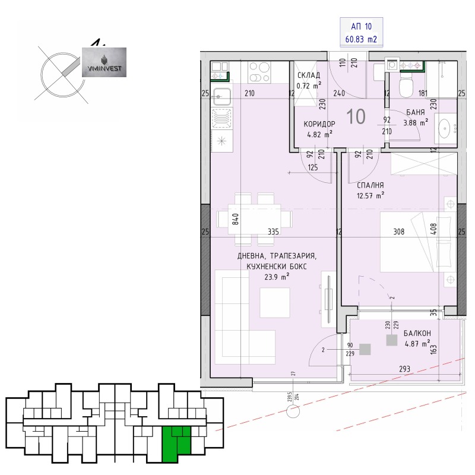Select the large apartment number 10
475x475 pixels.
pyautogui.click(x=356, y=116)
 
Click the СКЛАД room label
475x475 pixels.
pyautogui.click(x=309, y=75)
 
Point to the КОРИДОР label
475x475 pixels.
pyautogui.click(x=319, y=123)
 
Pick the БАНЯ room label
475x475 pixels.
pyautogui.click(x=416, y=112)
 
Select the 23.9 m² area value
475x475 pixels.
pyautogui.click(x=277, y=275)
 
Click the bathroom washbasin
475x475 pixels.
pyautogui.click(x=445, y=126)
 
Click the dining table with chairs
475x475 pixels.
pyautogui.click(x=255, y=218)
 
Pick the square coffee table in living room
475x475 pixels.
pyautogui.click(x=275, y=302)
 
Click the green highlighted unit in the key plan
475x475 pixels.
pyautogui.click(x=176, y=442)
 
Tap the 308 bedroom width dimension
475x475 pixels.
pyautogui.click(x=398, y=232)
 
